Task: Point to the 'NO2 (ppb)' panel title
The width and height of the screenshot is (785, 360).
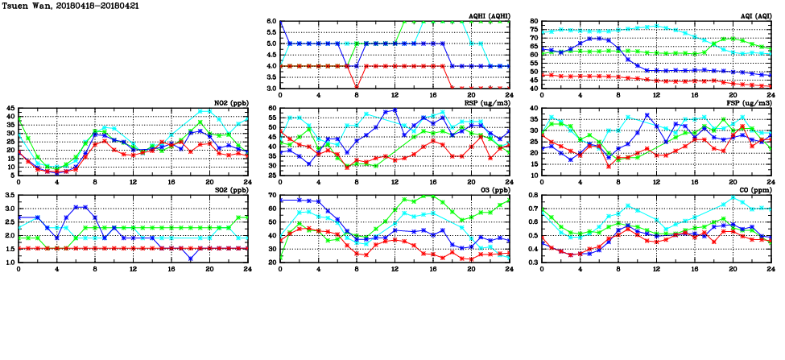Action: pyautogui.click(x=232, y=103)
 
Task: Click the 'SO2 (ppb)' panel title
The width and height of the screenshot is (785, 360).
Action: pyautogui.click(x=232, y=190)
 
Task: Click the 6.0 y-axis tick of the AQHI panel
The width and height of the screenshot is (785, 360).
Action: pyautogui.click(x=271, y=22)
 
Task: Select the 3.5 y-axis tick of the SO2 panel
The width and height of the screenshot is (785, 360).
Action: pyautogui.click(x=10, y=196)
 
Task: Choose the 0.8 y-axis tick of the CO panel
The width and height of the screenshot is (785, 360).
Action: pyautogui.click(x=533, y=196)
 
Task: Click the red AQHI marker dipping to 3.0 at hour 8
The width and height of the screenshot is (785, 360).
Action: pyautogui.click(x=357, y=88)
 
